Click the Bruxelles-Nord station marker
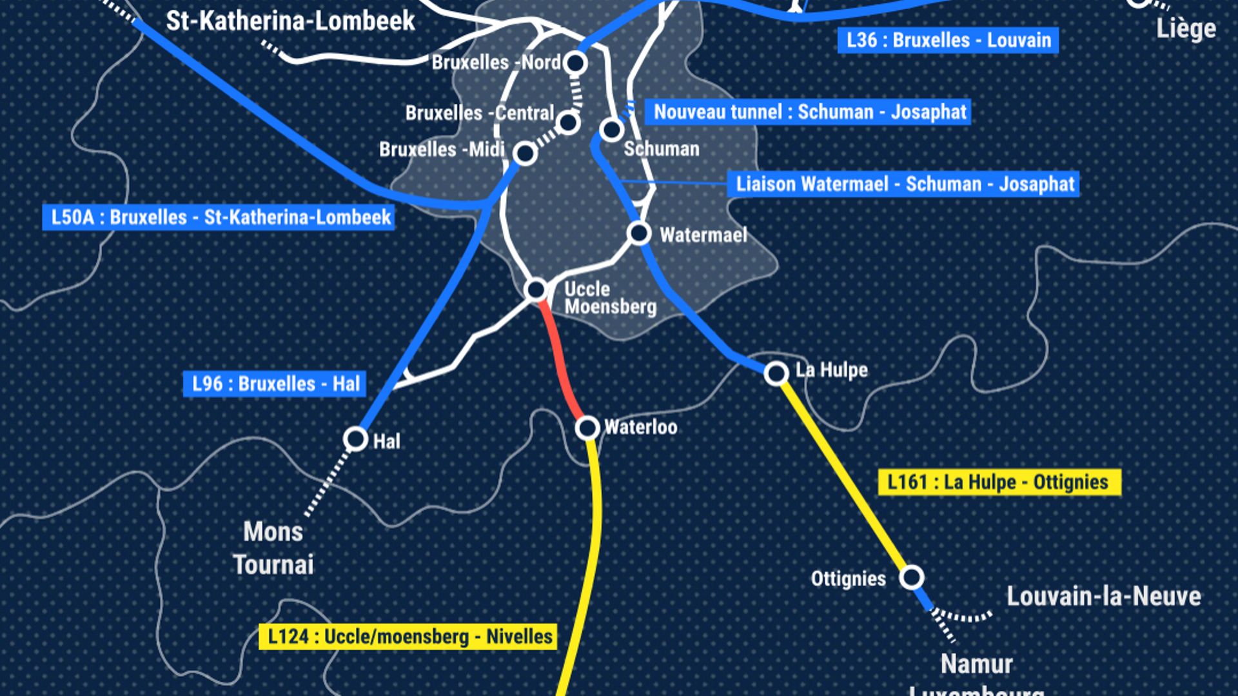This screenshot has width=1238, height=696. [x=575, y=63]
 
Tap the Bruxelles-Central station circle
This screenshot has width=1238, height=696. [x=568, y=122]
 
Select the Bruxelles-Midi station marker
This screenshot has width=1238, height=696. [x=525, y=154]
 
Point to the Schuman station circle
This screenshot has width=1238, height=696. [x=611, y=130]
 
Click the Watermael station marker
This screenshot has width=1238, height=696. [x=639, y=232]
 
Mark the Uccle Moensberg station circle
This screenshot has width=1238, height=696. [x=536, y=290]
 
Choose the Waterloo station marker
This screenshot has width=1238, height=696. [x=587, y=427]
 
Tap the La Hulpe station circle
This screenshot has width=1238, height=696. [x=776, y=373]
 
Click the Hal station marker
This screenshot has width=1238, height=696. [x=355, y=439]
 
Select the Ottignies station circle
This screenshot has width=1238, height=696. [x=912, y=577]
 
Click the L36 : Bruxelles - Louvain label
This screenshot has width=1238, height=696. [x=948, y=41]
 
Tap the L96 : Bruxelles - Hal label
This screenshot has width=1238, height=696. [x=275, y=384]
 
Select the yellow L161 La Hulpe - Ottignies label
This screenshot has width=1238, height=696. [x=999, y=482]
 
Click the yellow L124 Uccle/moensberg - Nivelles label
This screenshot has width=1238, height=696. [x=409, y=637]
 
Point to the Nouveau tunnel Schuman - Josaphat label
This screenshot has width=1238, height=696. [x=809, y=112]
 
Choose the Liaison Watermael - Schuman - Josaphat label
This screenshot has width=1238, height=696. [x=905, y=184]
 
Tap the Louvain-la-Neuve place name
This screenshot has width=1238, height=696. [x=1104, y=597]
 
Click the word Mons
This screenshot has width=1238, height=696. [x=273, y=532]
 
